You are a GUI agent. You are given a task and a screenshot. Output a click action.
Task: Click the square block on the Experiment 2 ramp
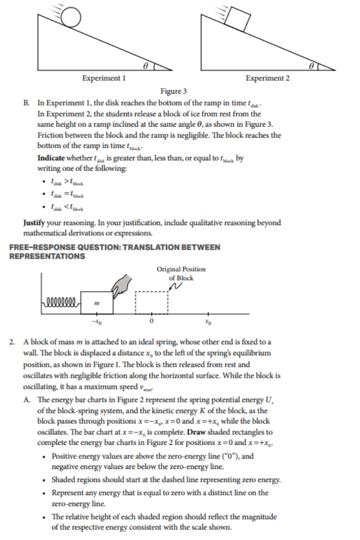click(x=237, y=19)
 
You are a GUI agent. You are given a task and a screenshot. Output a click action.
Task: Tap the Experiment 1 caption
click(x=103, y=79)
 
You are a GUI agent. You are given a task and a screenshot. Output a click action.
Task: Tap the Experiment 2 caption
click(x=267, y=78)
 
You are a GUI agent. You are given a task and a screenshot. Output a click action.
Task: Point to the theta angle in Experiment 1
click(x=145, y=65)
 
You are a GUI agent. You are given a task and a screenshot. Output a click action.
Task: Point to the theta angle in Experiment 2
click(x=311, y=65)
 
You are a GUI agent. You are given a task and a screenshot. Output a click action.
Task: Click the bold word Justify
click(x=36, y=222)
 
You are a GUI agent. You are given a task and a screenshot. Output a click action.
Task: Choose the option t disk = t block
click(x=67, y=194)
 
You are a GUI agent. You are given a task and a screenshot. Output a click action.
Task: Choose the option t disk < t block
click(x=67, y=208)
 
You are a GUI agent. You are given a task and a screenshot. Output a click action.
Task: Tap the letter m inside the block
click(x=97, y=303)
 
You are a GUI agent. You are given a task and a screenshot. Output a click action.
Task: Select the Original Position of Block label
click(x=180, y=273)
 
